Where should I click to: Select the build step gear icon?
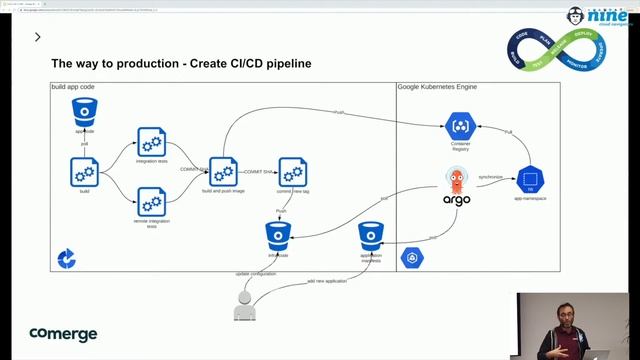coord(84,171)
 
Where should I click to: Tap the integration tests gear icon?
coord(151,140)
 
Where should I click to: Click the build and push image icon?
coord(223,171)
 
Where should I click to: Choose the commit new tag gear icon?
coord(291,171)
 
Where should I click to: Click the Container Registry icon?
coord(460,127)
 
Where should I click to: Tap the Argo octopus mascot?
coord(456,181)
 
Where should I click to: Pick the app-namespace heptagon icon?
coord(530,180)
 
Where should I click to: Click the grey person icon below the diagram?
coord(245,306)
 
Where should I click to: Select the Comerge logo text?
coord(63,334)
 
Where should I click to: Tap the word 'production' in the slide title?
coord(146,64)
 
